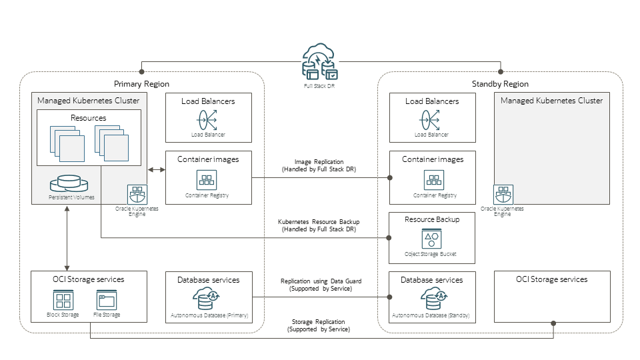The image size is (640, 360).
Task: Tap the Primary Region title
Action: pos(141,84)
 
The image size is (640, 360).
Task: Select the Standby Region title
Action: pos(500,84)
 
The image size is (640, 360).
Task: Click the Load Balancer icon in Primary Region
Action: pos(208,121)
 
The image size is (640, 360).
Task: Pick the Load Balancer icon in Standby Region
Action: pos(432,121)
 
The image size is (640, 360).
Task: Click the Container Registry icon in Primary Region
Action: pos(208,180)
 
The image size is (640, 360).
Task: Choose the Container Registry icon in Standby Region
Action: pos(434,180)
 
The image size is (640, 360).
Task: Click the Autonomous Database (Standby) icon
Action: pos(431,299)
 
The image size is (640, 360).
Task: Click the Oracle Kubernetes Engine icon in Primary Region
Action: pos(137,195)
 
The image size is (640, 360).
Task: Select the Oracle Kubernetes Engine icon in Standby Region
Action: pos(503,195)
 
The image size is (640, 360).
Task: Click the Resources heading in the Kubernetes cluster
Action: pos(88,118)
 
